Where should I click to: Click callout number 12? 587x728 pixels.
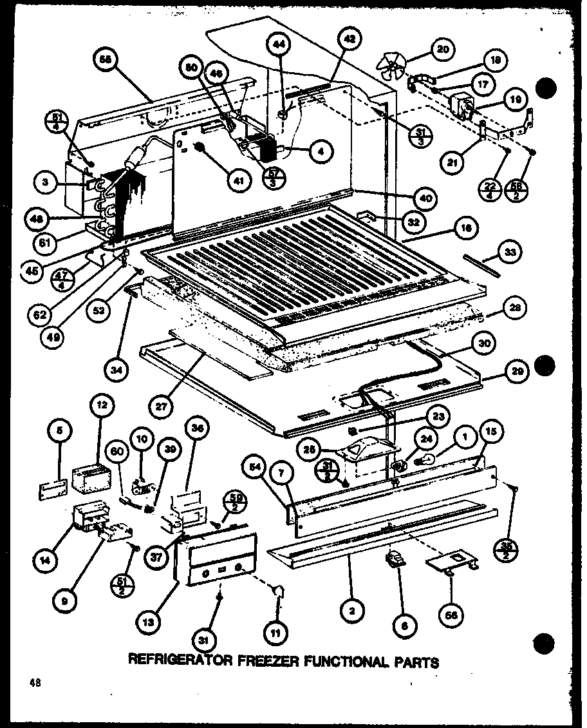pos(103,407)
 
